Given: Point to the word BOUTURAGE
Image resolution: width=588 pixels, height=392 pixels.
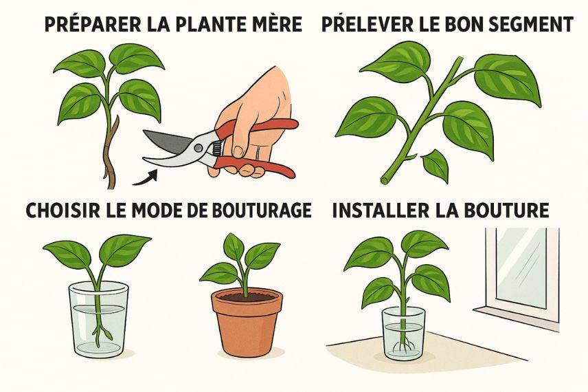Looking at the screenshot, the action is [262, 210].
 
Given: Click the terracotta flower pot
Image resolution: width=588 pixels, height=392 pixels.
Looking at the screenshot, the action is [247, 324].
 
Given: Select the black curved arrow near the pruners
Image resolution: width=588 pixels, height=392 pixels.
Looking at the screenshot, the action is [146, 177].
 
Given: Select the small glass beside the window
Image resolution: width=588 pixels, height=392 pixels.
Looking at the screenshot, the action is [403, 334].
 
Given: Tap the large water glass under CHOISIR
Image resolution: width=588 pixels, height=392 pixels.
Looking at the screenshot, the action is [99, 319].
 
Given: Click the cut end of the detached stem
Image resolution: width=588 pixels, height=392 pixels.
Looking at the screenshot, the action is [385, 180].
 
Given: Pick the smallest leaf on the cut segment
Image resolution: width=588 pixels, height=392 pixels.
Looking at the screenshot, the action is [436, 164].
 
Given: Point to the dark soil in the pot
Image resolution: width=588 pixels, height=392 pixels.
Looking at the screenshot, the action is [247, 297].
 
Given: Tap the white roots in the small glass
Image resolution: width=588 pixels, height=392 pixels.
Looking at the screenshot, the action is [403, 348].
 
